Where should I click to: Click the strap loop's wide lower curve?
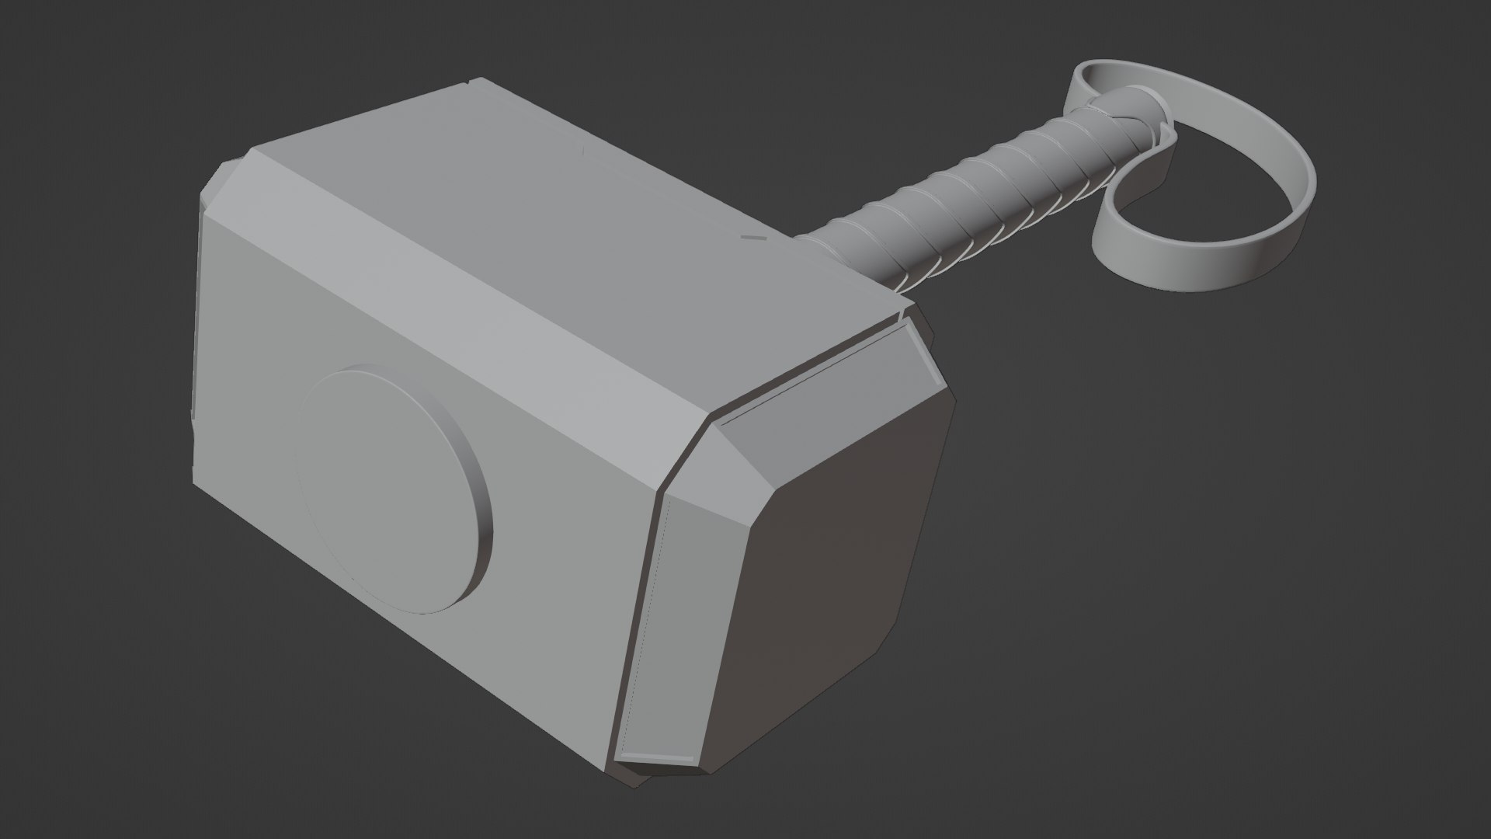[x=1211, y=260]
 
